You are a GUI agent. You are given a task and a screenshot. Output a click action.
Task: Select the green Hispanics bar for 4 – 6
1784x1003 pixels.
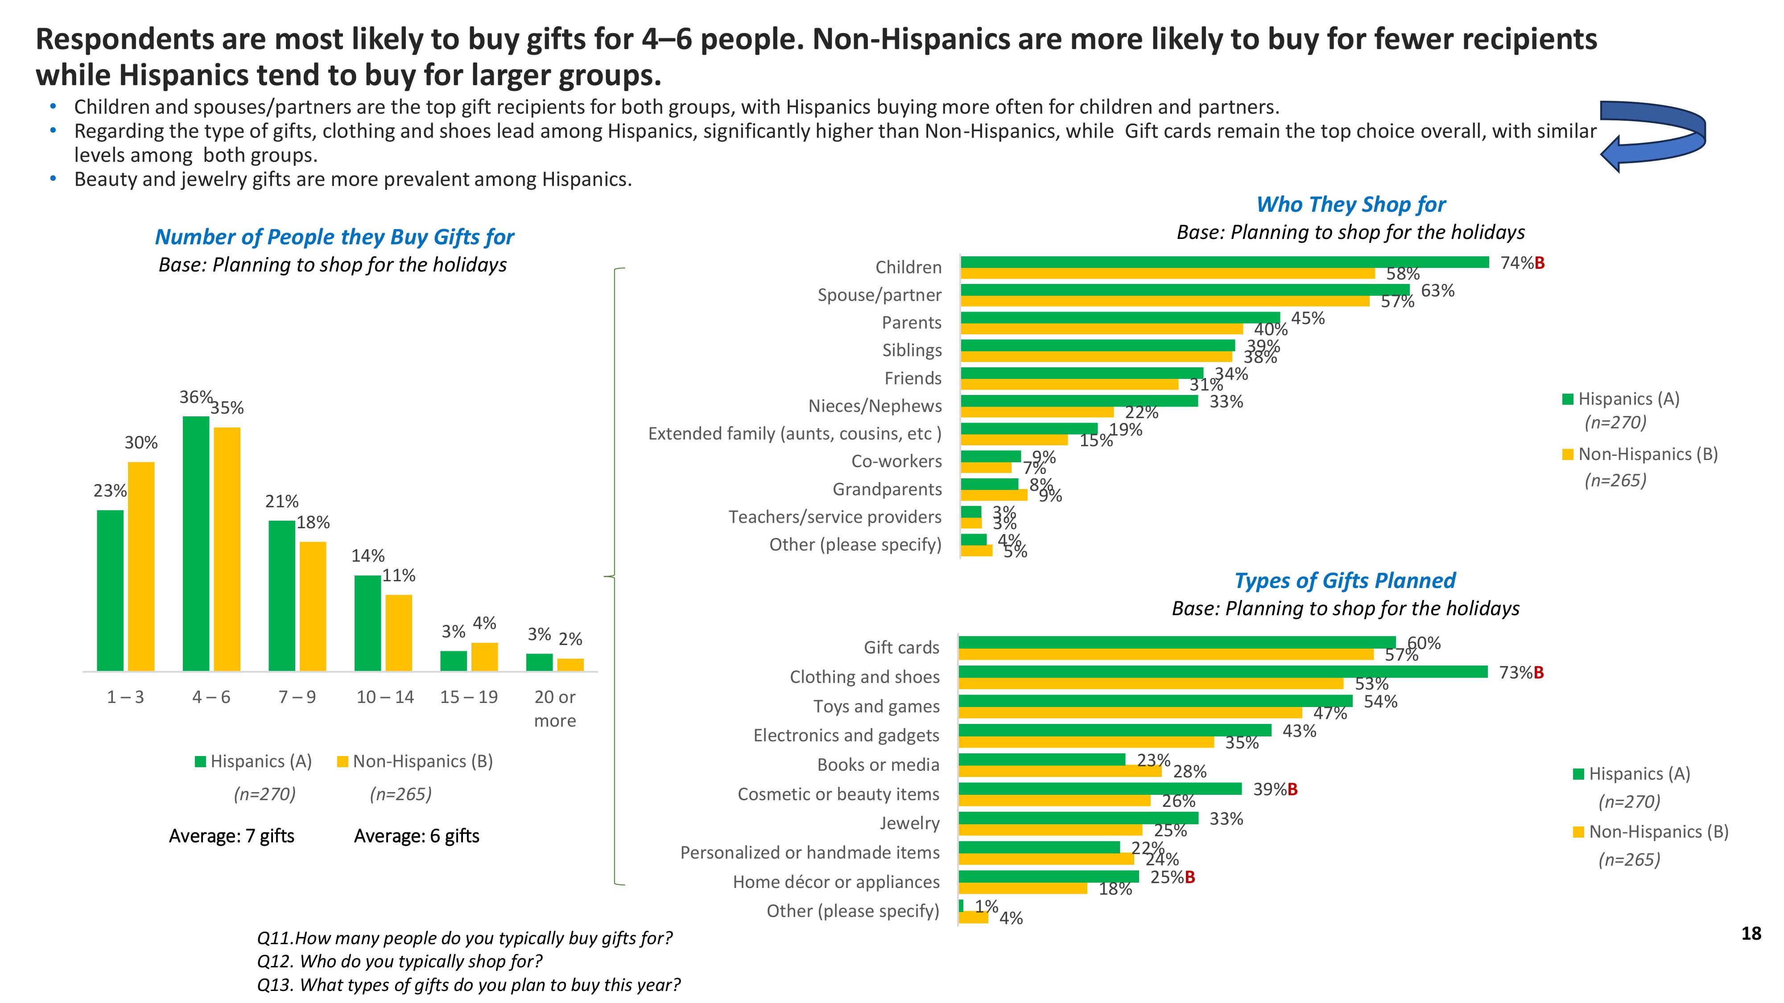[x=196, y=543]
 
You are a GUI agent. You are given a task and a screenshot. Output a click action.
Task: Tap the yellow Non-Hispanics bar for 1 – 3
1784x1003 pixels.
[x=141, y=566]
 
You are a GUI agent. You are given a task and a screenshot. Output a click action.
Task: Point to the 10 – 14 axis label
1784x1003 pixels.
[x=384, y=697]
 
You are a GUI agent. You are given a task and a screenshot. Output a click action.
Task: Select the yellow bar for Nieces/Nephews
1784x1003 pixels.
[x=1037, y=412]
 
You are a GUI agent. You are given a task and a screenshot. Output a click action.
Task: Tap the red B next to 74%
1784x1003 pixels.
[x=1540, y=263]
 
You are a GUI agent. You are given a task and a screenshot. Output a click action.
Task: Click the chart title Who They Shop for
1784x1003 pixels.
[x=1350, y=205]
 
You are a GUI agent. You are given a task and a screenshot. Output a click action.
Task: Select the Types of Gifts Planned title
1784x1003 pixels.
[x=1345, y=581]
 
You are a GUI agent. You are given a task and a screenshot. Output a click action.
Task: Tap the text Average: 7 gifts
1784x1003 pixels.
[x=231, y=836]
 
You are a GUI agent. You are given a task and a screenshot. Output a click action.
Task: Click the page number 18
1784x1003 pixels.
[x=1751, y=934]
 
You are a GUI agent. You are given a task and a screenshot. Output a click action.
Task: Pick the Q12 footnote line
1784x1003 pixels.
[x=400, y=962]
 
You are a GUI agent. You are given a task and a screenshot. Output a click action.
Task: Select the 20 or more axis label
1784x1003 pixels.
[x=555, y=709]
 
